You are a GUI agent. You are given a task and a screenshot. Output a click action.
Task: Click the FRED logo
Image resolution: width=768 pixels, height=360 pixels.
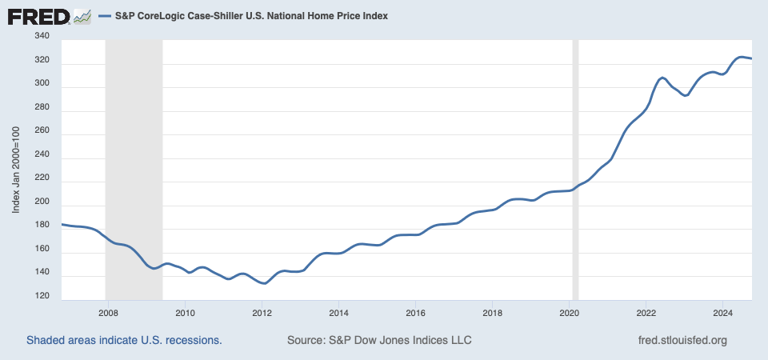[50, 16]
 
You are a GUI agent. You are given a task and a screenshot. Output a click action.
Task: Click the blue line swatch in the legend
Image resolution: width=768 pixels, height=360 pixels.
[107, 16]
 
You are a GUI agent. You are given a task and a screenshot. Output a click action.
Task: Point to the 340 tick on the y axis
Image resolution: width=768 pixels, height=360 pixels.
[42, 36]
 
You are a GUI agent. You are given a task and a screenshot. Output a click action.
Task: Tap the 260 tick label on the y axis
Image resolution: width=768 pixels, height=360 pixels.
[42, 131]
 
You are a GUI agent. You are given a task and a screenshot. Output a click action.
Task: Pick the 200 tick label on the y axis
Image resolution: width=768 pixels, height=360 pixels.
[42, 202]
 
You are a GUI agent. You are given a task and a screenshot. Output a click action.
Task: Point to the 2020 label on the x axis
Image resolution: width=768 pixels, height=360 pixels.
[567, 313]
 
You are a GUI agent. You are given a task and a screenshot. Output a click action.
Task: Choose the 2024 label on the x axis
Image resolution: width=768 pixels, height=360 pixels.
[722, 313]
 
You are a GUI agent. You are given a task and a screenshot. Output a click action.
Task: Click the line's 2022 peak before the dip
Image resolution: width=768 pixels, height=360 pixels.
[662, 78]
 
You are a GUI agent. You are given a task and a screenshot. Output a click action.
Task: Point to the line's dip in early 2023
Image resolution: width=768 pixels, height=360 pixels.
[685, 95]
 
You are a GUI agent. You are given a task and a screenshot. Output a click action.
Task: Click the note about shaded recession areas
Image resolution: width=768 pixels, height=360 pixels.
[124, 340]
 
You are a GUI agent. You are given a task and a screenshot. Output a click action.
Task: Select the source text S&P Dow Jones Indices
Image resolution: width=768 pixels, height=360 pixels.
[379, 340]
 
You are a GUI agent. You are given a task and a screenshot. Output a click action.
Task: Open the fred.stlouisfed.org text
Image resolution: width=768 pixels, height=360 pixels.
[682, 340]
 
